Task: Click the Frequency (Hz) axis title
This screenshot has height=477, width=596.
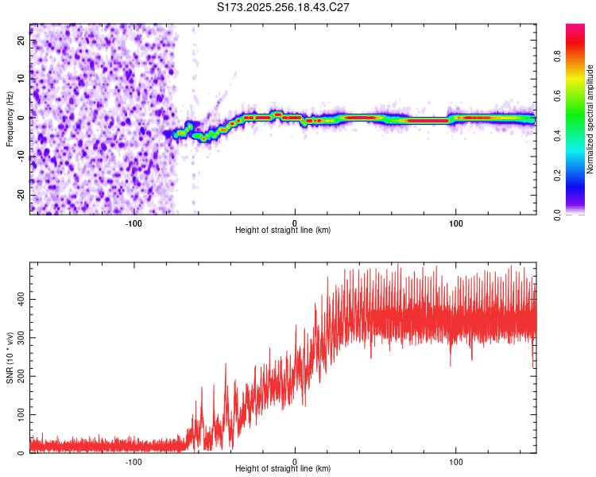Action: coord(10,119)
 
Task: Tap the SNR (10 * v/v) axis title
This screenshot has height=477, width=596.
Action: coord(10,358)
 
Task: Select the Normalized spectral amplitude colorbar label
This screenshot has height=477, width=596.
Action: coord(590,119)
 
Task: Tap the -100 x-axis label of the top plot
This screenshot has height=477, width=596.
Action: coord(134,223)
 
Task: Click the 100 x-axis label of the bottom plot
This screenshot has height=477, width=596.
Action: coord(456,461)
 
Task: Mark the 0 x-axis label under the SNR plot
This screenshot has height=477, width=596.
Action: coord(295,461)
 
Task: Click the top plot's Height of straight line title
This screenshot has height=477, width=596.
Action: coord(283,231)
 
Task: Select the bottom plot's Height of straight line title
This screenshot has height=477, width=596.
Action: coord(283,469)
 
